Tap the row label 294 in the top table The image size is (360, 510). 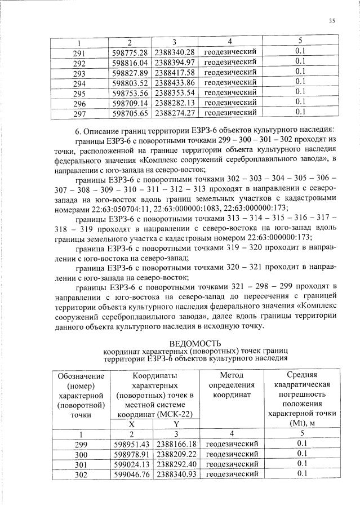click(x=79, y=82)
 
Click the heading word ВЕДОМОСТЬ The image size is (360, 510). click(x=195, y=343)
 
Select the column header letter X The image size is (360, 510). click(x=131, y=424)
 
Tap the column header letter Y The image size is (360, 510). click(x=176, y=424)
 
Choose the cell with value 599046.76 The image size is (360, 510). click(x=131, y=474)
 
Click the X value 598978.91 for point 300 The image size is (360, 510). click(x=131, y=454)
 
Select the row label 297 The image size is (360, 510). click(x=79, y=113)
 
